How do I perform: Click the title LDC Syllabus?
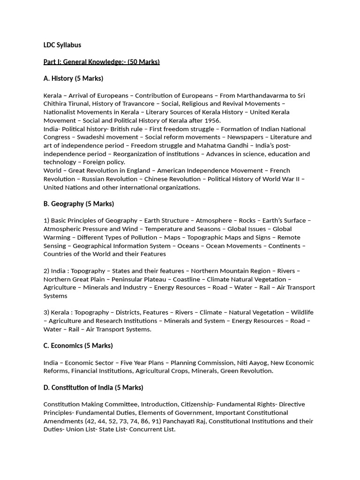62,45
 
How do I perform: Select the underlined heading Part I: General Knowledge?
102,62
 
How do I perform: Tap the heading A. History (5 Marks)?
73,78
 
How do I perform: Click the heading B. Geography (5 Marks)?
79,204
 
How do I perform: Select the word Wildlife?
302,313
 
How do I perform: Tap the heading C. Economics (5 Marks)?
78,346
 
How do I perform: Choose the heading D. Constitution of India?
93,388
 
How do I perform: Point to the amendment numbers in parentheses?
103,421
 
